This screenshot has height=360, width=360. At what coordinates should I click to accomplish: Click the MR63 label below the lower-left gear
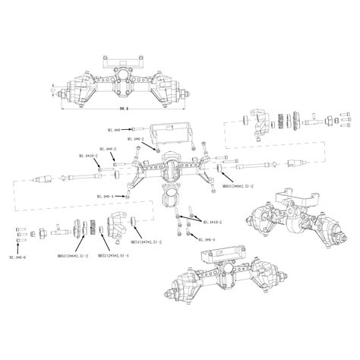pyautogui.click(x=72, y=256)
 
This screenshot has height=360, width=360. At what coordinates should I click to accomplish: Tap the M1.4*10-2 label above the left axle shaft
pyautogui.click(x=88, y=155)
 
